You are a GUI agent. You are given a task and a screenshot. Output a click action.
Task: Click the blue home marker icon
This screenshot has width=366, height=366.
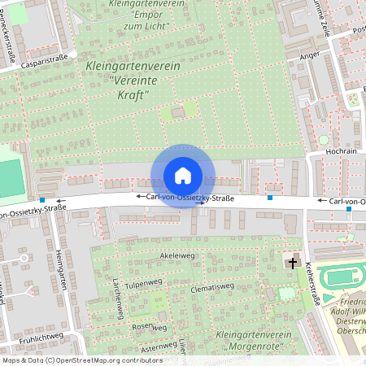coord(183,175)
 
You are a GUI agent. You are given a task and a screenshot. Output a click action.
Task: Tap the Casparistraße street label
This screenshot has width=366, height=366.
coord(45,59)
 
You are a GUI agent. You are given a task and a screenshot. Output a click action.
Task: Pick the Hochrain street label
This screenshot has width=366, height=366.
coord(342,151)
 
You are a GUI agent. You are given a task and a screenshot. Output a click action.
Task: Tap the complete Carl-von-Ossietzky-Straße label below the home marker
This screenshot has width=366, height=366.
coord(185,198)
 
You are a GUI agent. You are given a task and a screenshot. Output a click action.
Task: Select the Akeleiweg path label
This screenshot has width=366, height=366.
coord(178,255)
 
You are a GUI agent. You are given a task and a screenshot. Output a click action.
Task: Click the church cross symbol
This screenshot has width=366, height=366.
coord(292,263)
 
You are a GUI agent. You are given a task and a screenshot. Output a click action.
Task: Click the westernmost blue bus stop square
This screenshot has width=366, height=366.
coord(41,201)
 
